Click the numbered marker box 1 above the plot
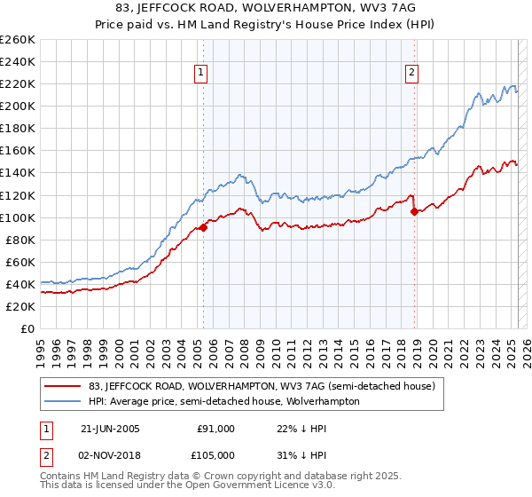[203, 74]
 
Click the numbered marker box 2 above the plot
[413, 74]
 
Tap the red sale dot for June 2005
[204, 227]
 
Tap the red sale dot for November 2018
[414, 211]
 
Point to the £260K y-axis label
[17, 40]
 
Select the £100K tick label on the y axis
[17, 217]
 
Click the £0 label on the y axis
[27, 328]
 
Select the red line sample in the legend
[64, 387]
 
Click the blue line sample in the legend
[64, 401]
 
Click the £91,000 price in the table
[215, 429]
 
